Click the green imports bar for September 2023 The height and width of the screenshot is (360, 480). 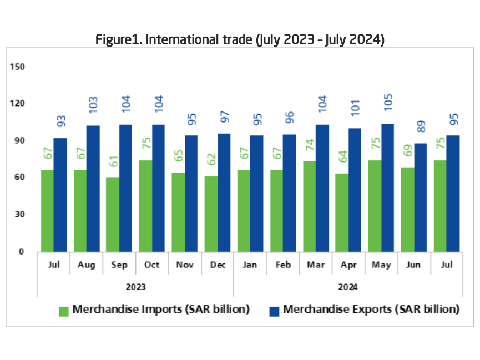click(113, 214)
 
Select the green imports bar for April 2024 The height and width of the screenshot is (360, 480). click(342, 212)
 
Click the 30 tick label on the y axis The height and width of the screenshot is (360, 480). click(20, 214)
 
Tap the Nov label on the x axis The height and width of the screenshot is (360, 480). click(184, 265)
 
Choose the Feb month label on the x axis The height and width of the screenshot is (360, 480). click(282, 265)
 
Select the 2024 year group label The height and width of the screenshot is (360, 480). click(347, 287)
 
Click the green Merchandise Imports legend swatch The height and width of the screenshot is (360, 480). click(63, 311)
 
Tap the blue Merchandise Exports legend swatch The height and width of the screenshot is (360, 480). click(274, 311)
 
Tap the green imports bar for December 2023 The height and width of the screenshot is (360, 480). click(211, 214)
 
